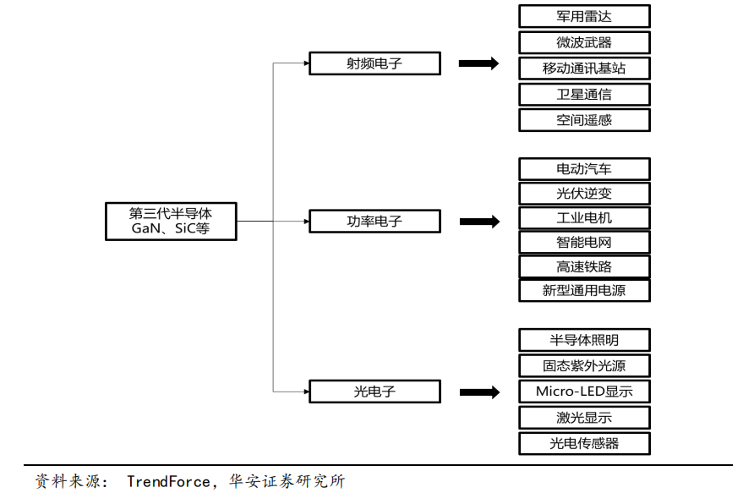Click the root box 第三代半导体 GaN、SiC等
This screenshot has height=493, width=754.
(x=170, y=222)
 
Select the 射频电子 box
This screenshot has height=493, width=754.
(x=374, y=63)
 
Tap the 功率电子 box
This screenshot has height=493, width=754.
(x=374, y=222)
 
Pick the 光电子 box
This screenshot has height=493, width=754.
(x=374, y=392)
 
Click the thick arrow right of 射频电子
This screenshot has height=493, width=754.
(x=478, y=63)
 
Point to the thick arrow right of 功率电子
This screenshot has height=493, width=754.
(x=479, y=222)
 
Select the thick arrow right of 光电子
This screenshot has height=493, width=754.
(x=479, y=392)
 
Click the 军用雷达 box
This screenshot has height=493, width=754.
(x=584, y=16)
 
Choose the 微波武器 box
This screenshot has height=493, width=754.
(x=584, y=42)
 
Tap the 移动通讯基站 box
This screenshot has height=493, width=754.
(x=584, y=68)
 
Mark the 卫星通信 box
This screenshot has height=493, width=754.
(x=584, y=94)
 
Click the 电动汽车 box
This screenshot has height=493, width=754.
(x=584, y=169)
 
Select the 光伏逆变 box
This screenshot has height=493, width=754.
(x=584, y=194)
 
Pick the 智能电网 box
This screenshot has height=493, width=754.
(x=584, y=243)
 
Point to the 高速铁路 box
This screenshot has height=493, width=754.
(x=584, y=267)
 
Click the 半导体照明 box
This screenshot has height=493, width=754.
(x=584, y=340)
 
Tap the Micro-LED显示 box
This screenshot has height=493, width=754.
(x=584, y=392)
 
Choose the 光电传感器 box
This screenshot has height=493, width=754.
(x=584, y=443)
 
